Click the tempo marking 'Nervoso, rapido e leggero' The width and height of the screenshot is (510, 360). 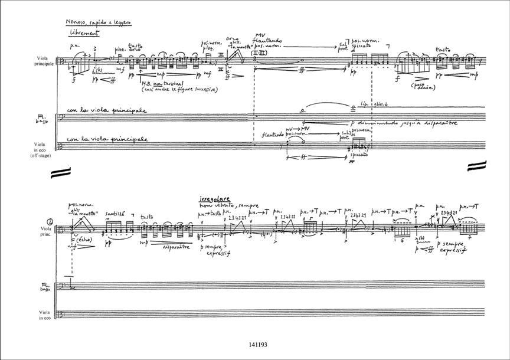coord(99,22)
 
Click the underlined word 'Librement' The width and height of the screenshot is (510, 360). coord(84,33)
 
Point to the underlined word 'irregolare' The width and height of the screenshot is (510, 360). coord(215,200)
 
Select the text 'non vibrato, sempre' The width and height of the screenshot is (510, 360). coord(221,206)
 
